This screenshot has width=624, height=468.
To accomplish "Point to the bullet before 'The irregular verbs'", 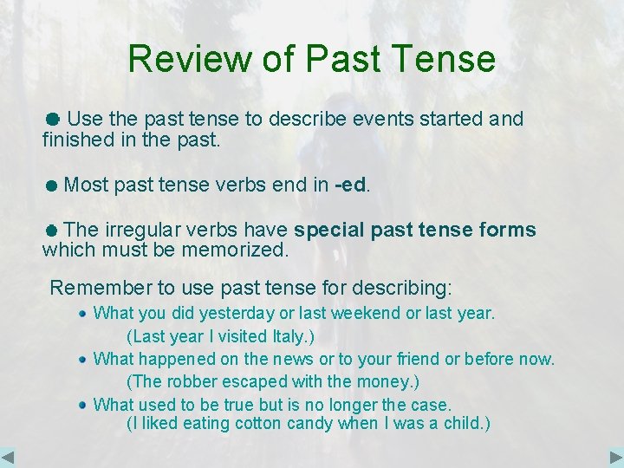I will click(x=52, y=231).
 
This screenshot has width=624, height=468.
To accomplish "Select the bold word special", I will click(x=329, y=230).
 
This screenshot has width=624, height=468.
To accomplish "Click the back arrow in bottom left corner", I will click(x=9, y=457).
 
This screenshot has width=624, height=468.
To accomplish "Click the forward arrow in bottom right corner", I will click(x=615, y=457).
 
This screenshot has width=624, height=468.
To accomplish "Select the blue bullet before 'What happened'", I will click(x=81, y=358).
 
